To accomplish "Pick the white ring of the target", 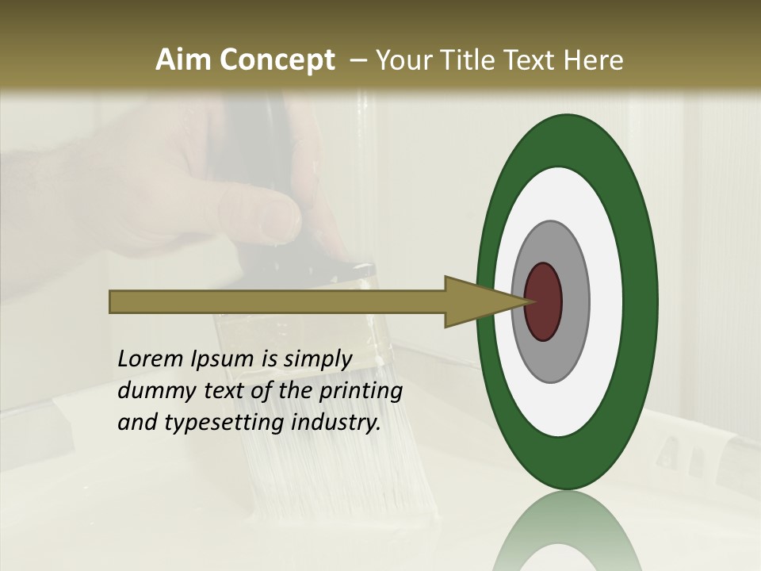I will pyautogui.click(x=606, y=302).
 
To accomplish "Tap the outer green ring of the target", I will pyautogui.click(x=641, y=302).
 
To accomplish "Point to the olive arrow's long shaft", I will pyautogui.click(x=277, y=302).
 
